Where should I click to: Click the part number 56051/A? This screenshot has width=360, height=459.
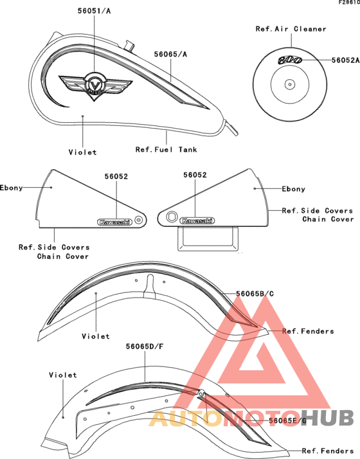94,11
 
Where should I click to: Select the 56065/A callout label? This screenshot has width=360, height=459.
170,54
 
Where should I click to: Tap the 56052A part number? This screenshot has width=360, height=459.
345,60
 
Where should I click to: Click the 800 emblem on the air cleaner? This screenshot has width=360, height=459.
290,60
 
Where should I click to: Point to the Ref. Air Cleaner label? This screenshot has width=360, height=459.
291,29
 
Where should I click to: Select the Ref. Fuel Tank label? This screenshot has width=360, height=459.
166,150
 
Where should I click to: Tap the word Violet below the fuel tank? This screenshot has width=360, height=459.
82,152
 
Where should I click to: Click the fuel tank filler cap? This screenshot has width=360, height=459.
129,46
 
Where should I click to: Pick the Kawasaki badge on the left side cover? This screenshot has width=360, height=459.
114,222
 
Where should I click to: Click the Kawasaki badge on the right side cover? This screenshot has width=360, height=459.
197,221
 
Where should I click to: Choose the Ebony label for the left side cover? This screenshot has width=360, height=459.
12,188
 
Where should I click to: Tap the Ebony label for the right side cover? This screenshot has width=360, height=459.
294,189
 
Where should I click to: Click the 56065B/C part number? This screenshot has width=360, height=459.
255,294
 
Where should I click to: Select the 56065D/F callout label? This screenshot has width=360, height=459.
145,346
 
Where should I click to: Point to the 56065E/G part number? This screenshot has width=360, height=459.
288,420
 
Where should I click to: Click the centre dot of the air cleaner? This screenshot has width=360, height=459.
290,85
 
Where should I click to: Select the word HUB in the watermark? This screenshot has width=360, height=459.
327,418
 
